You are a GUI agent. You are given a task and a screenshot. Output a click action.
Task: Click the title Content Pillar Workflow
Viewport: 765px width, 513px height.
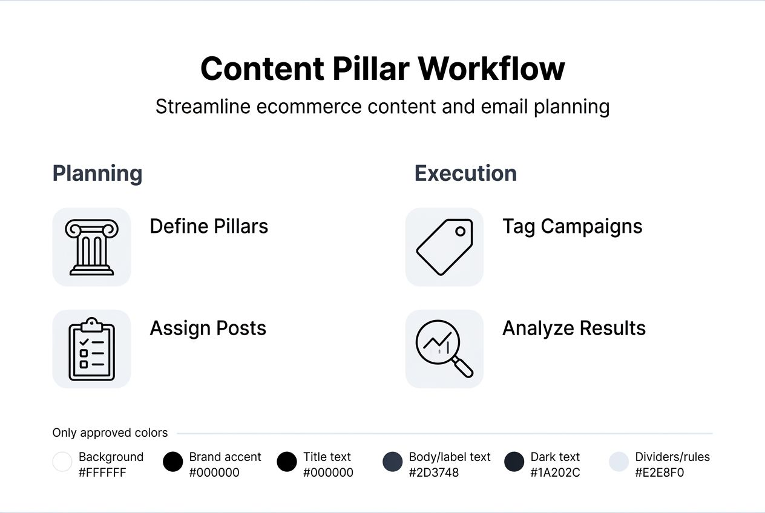(382, 68)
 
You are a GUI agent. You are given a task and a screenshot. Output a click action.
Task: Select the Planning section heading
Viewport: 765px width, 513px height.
(97, 174)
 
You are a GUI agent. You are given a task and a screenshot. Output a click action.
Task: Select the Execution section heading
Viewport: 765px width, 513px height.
(465, 174)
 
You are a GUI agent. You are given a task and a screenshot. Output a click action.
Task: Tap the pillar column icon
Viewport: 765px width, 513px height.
(91, 247)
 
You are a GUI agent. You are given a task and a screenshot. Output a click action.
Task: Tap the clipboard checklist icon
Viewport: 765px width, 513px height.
(91, 349)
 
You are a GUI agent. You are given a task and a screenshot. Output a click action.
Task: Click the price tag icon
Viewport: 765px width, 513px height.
(444, 247)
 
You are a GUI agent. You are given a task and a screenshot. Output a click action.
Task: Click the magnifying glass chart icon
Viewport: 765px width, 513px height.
(444, 349)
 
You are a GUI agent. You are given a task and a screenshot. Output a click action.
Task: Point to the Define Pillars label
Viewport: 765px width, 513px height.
(209, 226)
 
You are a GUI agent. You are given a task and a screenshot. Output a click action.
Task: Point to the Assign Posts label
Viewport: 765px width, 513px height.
(208, 328)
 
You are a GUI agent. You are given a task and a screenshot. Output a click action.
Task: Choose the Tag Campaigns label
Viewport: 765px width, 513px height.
(572, 226)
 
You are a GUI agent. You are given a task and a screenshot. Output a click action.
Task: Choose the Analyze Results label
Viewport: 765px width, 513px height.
(574, 328)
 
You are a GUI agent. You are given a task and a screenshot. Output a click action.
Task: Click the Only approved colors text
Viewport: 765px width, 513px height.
(110, 433)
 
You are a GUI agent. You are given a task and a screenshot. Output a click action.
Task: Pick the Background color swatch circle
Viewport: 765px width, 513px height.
(62, 462)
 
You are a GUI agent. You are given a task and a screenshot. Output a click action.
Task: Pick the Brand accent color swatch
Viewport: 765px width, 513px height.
(173, 462)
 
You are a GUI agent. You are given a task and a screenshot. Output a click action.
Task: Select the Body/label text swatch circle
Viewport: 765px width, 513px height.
(393, 462)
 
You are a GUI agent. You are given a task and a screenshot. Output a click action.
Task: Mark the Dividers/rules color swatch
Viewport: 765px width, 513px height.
(619, 462)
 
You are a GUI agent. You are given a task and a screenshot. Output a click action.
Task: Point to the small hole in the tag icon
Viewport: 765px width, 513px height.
(460, 231)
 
